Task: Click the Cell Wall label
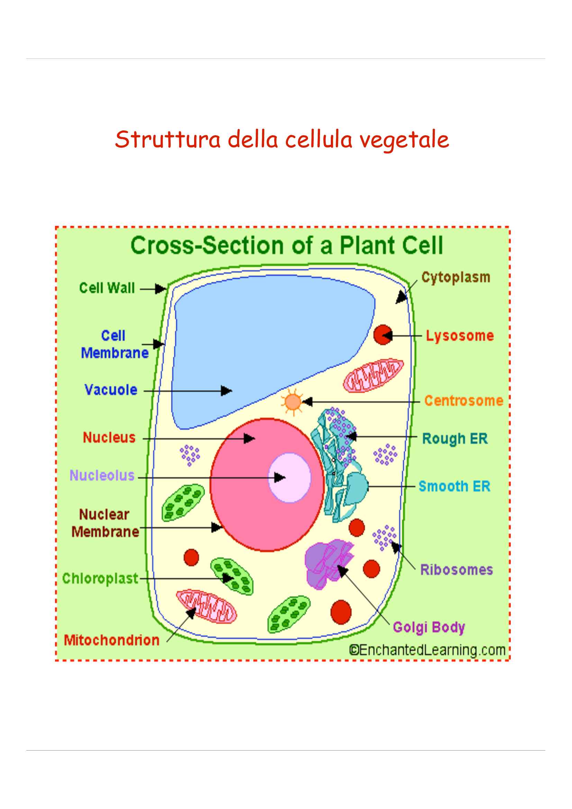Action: tap(107, 288)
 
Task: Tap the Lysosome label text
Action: tap(460, 336)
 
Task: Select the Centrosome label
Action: tap(463, 401)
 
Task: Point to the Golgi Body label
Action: tap(429, 627)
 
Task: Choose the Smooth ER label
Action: tap(454, 487)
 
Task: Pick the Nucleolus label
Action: tap(102, 476)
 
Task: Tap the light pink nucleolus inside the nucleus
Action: tap(290, 477)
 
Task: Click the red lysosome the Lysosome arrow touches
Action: tap(383, 335)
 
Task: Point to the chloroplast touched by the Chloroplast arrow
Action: tap(231, 577)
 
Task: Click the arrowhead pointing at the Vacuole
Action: tap(226, 391)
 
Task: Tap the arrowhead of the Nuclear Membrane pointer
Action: tap(217, 527)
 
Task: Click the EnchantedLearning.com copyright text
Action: tap(427, 650)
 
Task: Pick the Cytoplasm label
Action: tap(456, 277)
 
